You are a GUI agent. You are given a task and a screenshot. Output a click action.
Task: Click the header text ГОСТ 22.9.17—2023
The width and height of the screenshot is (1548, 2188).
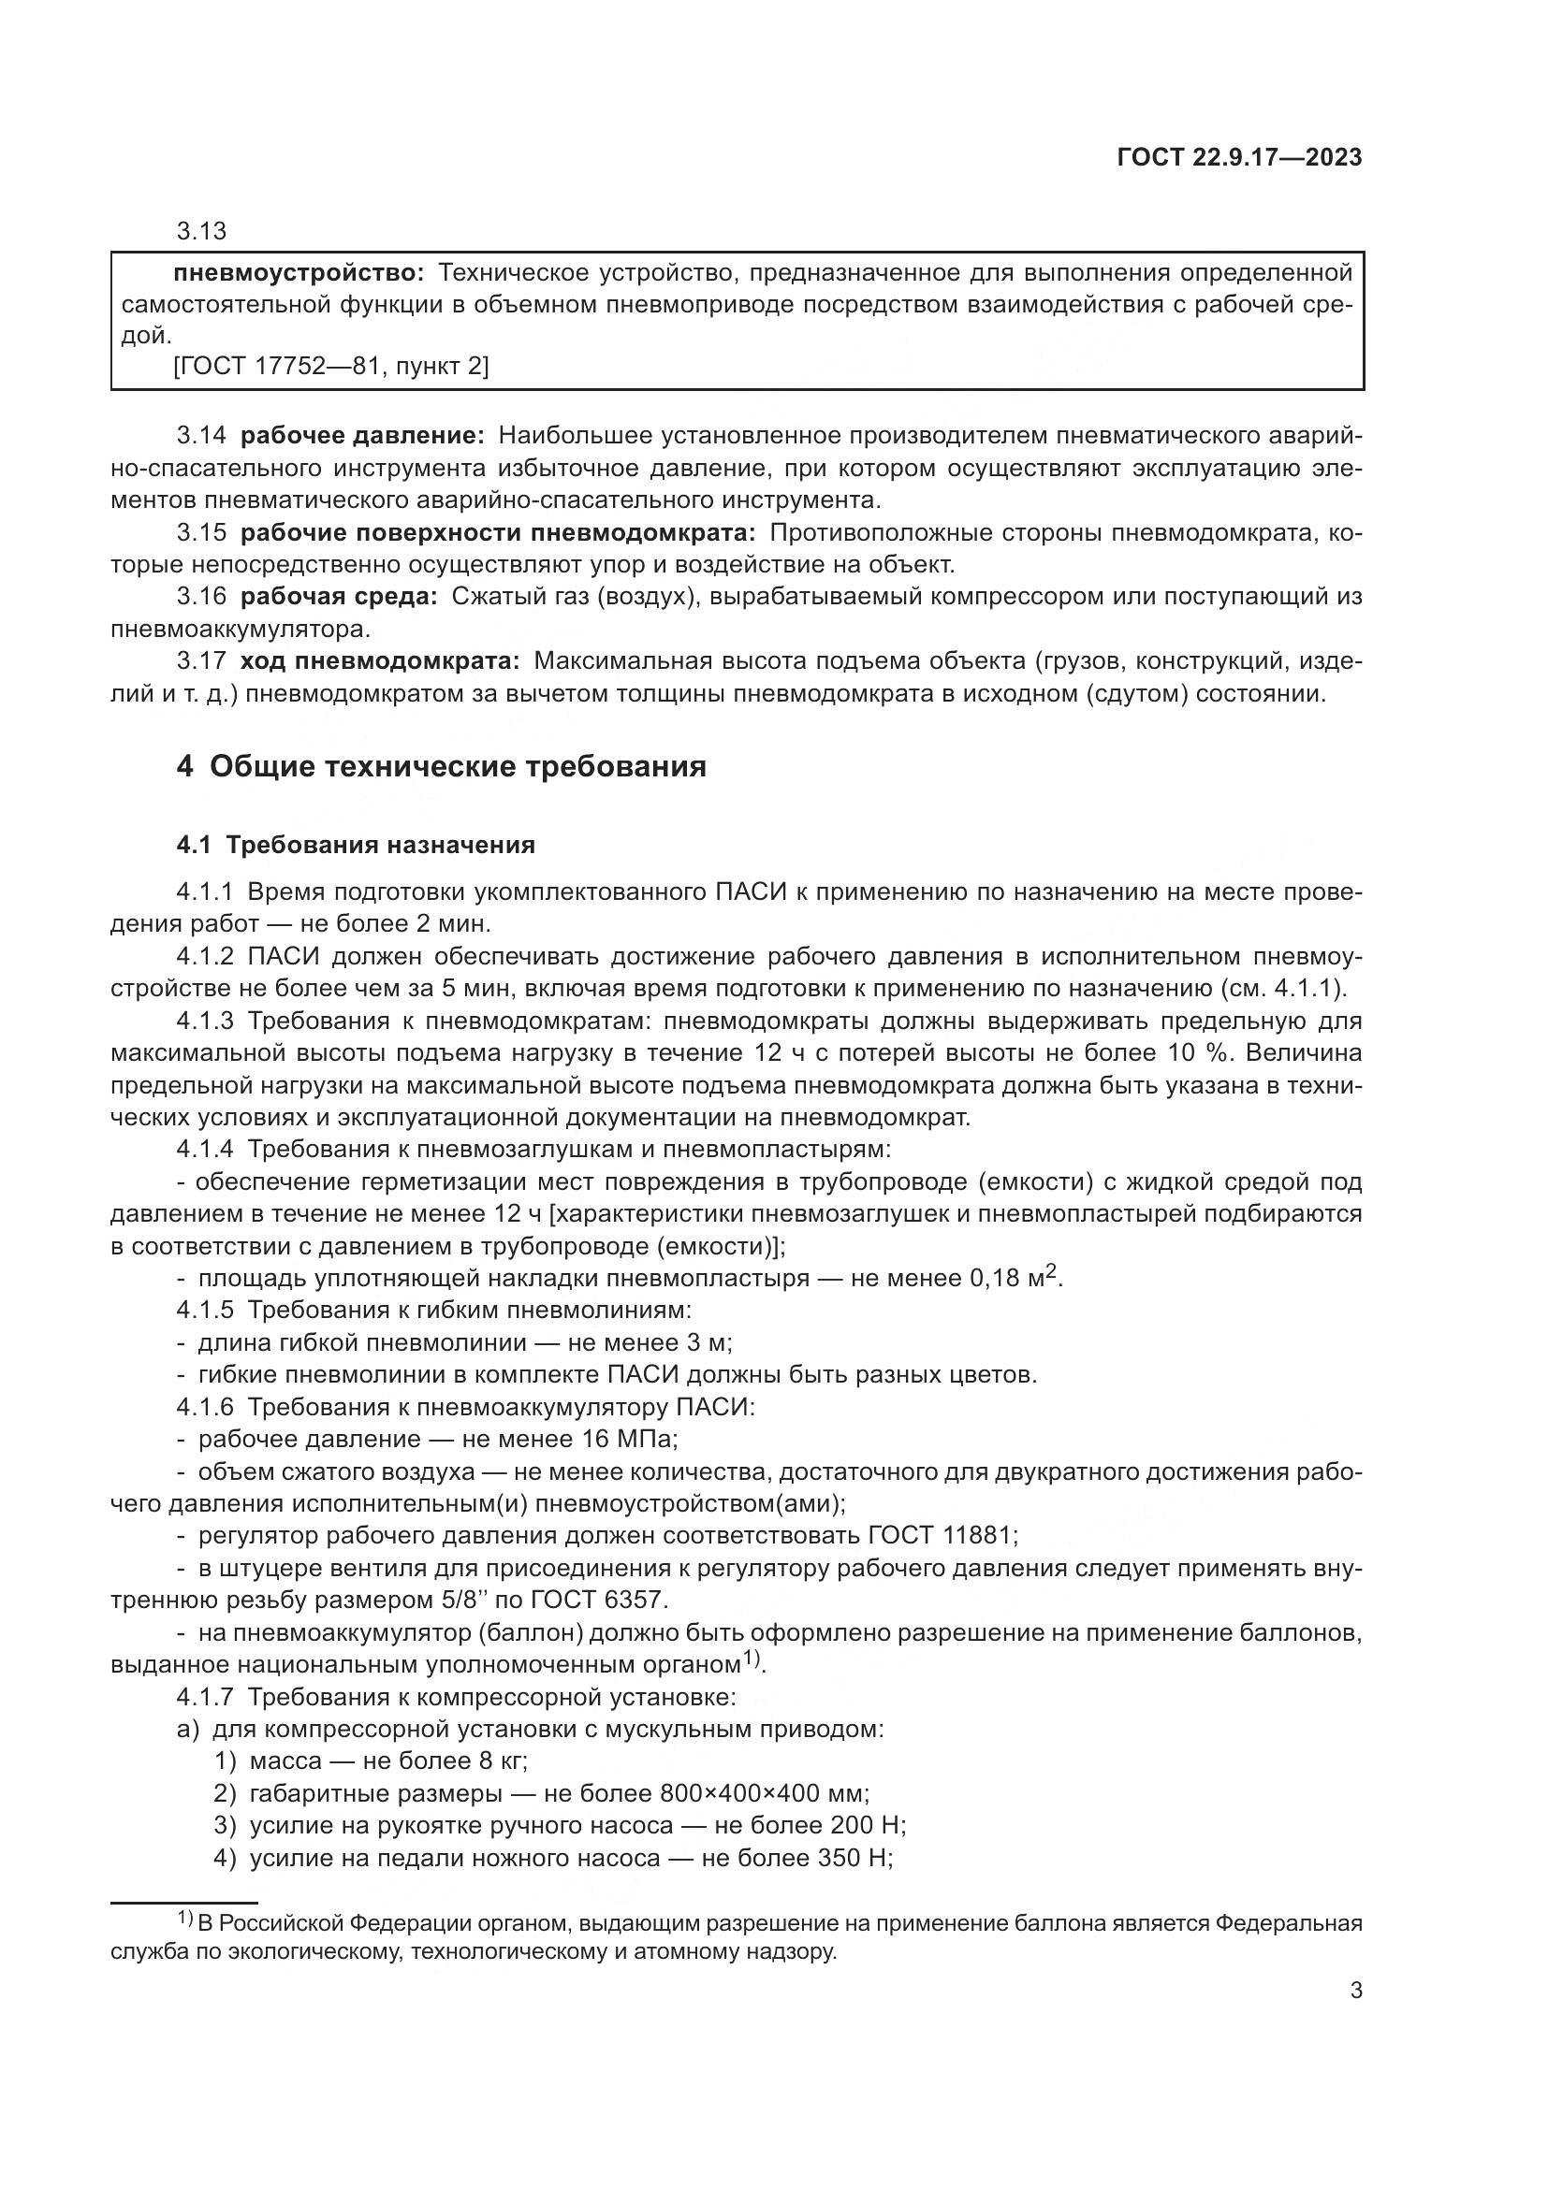coord(1239,157)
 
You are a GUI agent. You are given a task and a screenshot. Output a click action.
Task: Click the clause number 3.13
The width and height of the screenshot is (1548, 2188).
coord(201,231)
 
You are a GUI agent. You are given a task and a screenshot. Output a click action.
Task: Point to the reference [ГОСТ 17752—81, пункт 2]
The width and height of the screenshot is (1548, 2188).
coord(330,366)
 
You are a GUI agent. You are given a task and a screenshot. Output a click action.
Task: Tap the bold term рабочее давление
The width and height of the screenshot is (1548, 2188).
coord(362,437)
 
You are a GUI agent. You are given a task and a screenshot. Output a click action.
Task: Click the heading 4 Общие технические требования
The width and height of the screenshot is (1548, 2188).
coord(442,766)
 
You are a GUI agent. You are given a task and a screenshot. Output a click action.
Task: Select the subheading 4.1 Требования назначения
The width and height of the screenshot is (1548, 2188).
coord(356,846)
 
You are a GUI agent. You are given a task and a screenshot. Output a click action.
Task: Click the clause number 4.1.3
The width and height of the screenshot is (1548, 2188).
coord(205,1022)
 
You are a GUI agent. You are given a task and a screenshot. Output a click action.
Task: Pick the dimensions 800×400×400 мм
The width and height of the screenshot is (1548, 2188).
coord(763,1793)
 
